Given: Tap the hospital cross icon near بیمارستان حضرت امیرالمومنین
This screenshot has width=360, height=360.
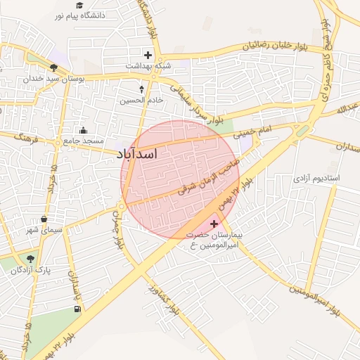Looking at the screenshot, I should point(214,224).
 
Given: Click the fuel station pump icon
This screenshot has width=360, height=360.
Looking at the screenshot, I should point(77,309).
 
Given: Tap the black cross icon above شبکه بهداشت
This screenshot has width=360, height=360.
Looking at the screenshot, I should point(148,54).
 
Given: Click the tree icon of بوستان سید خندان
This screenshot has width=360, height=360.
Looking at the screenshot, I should point(53,68).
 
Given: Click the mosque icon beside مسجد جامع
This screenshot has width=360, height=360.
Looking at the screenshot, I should point(84,130).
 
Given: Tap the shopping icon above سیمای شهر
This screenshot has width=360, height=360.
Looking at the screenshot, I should point(44,219).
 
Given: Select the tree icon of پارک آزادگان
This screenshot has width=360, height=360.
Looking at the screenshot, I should point(30,259).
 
